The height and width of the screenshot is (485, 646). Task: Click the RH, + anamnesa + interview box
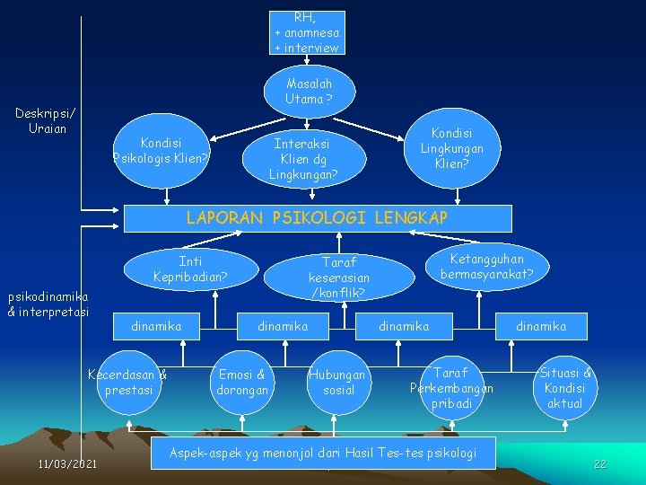306,32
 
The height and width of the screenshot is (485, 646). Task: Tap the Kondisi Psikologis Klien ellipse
161,150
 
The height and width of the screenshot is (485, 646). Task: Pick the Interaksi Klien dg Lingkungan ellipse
302,158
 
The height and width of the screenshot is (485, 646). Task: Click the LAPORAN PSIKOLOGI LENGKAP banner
316,218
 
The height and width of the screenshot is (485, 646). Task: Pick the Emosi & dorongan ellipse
242,383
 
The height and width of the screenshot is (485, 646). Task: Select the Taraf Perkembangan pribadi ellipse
450,387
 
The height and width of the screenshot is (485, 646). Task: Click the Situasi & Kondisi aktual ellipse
564,388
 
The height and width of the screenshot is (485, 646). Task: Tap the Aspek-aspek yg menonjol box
322,453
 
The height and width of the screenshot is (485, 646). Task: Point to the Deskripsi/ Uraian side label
46,120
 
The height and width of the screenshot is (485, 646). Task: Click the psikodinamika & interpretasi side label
48,304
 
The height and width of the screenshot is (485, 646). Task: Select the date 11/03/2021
68,463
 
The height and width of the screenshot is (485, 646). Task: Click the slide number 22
600,463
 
